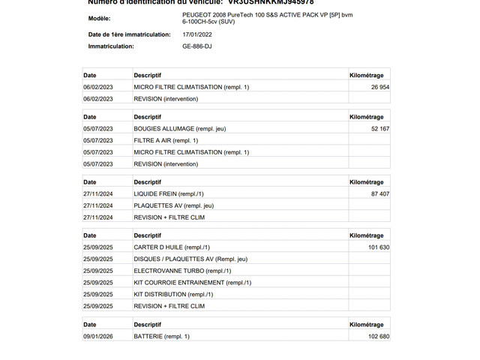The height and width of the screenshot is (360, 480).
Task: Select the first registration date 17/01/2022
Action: (197, 34)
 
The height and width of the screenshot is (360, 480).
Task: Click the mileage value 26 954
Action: (379, 87)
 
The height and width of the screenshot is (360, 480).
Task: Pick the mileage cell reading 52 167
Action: (379, 129)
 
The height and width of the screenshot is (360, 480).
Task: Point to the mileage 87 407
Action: (379, 193)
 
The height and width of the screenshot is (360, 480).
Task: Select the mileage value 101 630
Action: (378, 247)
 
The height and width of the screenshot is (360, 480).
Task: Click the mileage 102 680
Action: (378, 336)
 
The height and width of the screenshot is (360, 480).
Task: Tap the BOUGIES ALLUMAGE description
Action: (179, 129)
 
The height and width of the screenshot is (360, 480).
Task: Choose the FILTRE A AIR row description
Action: (166, 140)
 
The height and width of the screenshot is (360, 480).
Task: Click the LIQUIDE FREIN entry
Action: (169, 193)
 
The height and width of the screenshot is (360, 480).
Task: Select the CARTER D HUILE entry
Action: (172, 247)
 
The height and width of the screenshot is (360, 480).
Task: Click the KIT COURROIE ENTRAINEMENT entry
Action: (192, 283)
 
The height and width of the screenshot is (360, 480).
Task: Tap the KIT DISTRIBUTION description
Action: (171, 294)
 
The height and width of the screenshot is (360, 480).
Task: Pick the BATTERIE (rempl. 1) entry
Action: (161, 336)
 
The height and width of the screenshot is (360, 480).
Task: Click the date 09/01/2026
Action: (97, 336)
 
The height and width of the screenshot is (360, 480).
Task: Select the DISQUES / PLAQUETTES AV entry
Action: (190, 259)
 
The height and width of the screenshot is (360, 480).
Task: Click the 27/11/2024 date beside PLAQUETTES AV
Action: (97, 205)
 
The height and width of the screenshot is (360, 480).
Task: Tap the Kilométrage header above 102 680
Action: (367, 325)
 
